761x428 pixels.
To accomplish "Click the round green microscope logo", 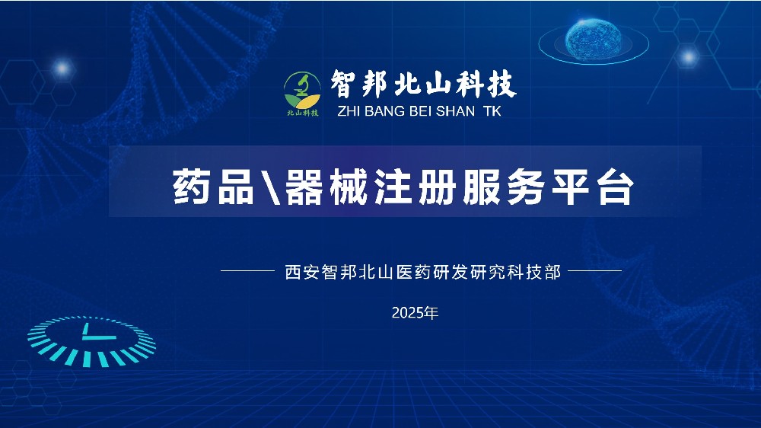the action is coord(302,91).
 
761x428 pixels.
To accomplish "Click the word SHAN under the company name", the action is coord(455,111).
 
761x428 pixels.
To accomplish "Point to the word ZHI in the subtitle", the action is coord(349,111).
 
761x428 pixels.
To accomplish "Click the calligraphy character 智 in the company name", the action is coord(345,84).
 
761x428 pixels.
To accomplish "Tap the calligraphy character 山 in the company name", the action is coord(439,84).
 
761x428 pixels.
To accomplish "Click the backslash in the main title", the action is coord(270,187).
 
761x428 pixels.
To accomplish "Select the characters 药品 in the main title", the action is coord(213,187).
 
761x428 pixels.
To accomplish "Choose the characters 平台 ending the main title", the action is coord(594,187).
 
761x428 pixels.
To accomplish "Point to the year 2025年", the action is coord(415,313).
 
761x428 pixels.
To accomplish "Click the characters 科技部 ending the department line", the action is coord(534,272).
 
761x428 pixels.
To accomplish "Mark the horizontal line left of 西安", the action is coord(247,270).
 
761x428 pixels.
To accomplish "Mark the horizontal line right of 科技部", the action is coord(594,270).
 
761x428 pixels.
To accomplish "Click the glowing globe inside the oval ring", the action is coord(593,40).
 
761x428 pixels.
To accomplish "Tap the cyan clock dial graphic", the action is coord(91,341).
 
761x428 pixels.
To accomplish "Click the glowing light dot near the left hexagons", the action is coord(62,68).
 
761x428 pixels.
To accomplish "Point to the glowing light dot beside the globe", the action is coord(688,57).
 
